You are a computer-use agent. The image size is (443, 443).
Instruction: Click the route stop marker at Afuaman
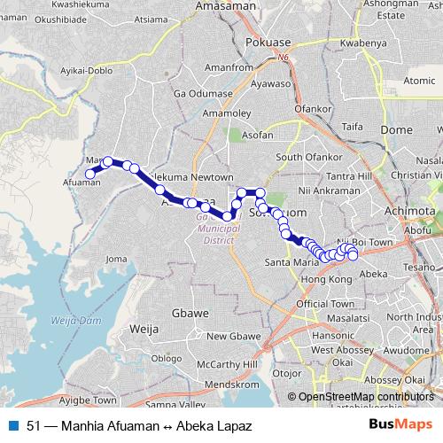pyautogui.click(x=89, y=174)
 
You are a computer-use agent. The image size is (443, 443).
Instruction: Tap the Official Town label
pyautogui.click(x=326, y=304)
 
